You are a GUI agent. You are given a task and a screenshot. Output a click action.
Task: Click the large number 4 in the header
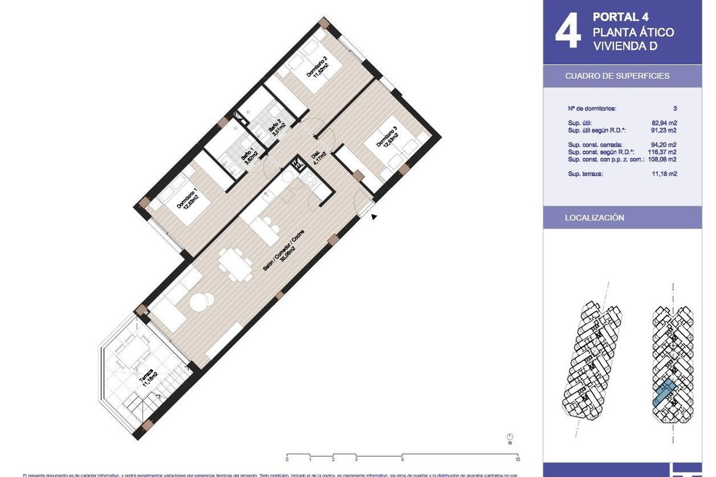[567, 32]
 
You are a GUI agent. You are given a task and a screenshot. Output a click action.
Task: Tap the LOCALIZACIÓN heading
[594, 218]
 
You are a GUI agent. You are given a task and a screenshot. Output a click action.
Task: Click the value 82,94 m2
[664, 123]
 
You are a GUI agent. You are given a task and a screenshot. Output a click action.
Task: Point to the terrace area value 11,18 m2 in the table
[664, 174]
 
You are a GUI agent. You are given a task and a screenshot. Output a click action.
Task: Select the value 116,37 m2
[663, 152]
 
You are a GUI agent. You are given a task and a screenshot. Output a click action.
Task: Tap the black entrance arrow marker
[374, 217]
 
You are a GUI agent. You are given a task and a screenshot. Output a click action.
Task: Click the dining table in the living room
[233, 264]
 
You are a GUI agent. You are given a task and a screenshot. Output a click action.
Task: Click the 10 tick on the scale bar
[517, 459]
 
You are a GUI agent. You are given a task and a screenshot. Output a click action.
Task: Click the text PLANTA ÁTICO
[633, 32]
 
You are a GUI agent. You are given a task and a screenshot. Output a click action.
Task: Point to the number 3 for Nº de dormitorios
[674, 109]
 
